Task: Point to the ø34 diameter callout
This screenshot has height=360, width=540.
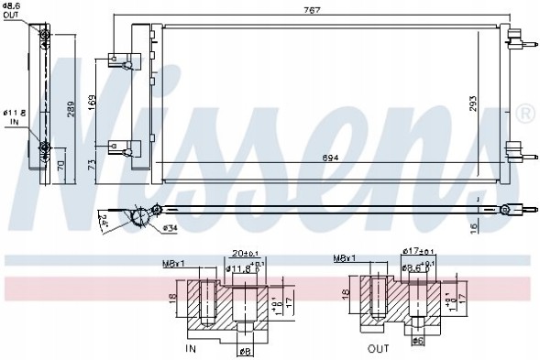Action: [x=170, y=227]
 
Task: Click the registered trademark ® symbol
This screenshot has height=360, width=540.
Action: [x=525, y=114]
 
